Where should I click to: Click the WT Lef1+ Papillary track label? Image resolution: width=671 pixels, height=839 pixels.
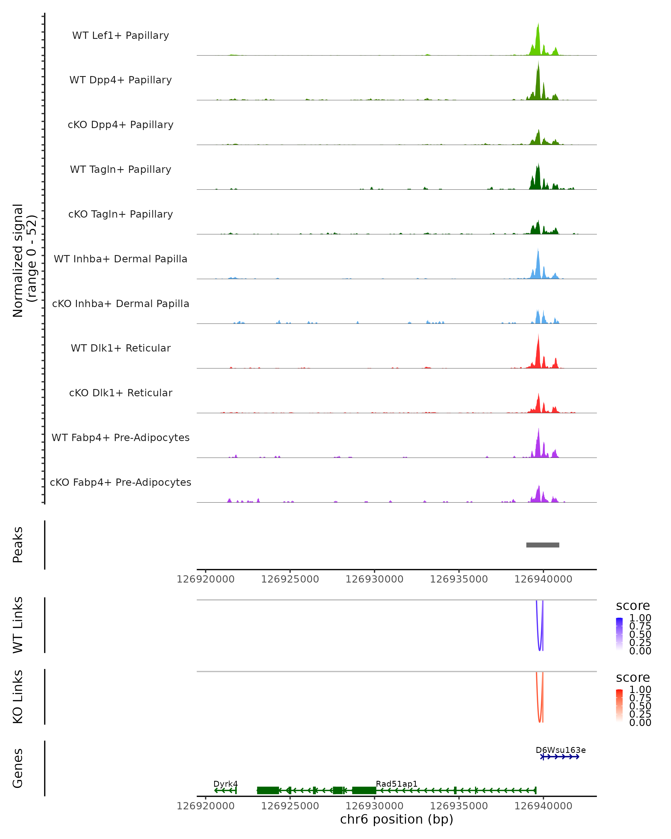click(121, 36)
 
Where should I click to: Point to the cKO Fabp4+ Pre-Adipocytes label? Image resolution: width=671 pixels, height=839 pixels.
click(121, 482)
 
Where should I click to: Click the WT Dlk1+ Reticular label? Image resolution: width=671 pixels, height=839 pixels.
click(121, 348)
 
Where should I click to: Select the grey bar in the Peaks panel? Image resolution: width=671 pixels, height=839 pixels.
click(543, 545)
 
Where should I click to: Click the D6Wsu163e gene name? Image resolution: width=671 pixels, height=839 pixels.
click(561, 750)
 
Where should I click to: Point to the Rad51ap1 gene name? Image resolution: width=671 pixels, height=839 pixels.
click(396, 784)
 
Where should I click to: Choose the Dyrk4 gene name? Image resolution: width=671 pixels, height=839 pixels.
click(226, 784)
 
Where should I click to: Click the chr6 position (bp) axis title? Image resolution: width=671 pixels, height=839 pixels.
click(396, 819)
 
